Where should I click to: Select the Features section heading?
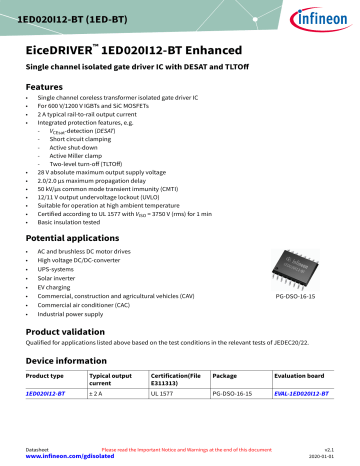pyautogui.click(x=45, y=87)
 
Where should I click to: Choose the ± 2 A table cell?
pyautogui.click(x=113, y=423)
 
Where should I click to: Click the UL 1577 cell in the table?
pyautogui.click(x=165, y=423)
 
